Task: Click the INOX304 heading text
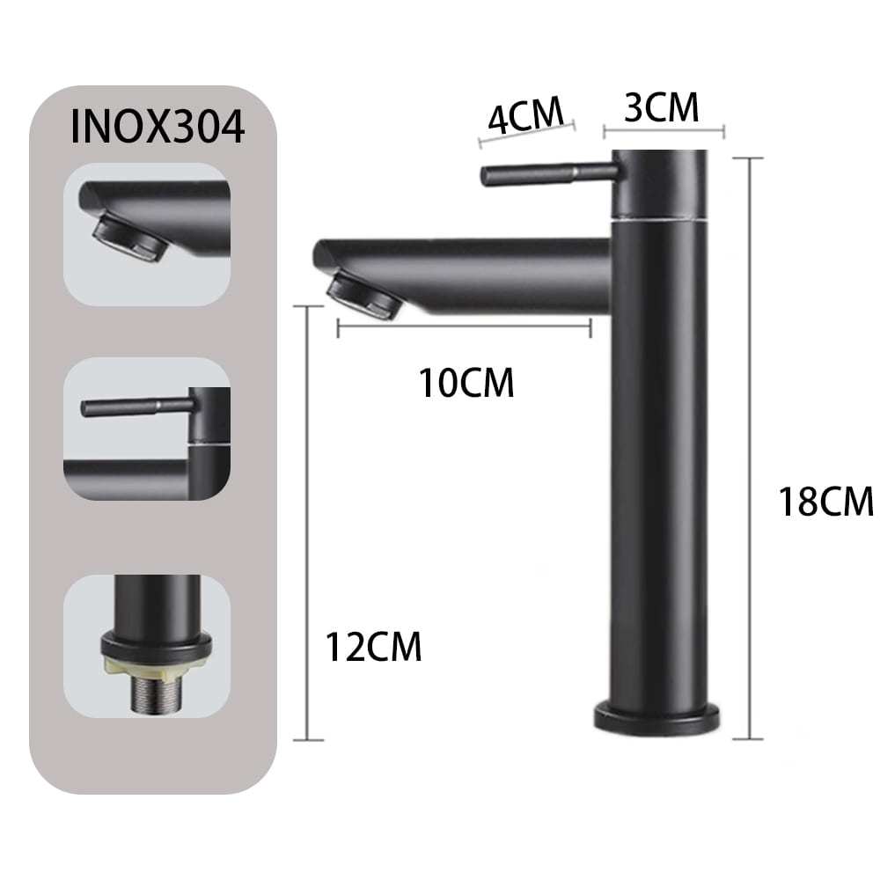pyautogui.click(x=158, y=128)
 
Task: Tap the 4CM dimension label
pyautogui.click(x=526, y=115)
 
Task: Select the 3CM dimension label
pyautogui.click(x=662, y=107)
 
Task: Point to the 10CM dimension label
pyautogui.click(x=466, y=384)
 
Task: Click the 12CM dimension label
pyautogui.click(x=373, y=647)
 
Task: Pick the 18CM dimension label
pyautogui.click(x=826, y=502)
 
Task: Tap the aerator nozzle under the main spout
pyautogui.click(x=363, y=294)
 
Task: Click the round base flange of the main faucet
pyautogui.click(x=657, y=717)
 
